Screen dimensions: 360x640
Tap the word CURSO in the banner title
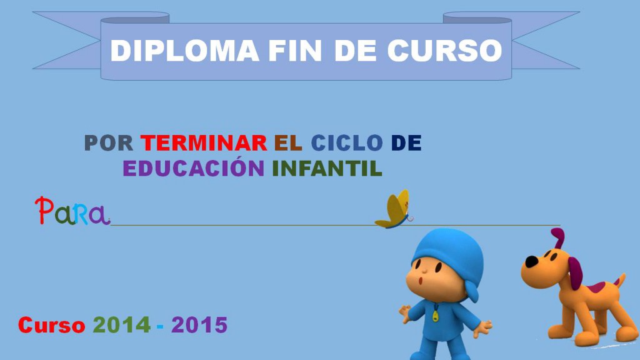tap(444, 51)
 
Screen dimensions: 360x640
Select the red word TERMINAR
tap(204, 143)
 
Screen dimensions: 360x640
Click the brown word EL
tap(288, 143)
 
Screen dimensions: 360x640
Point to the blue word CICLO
tap(347, 143)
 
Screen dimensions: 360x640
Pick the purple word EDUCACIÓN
tap(194, 168)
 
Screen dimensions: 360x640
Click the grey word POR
tap(109, 143)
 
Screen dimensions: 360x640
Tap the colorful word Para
tap(72, 212)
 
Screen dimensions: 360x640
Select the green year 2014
tap(122, 325)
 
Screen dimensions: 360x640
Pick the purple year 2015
tap(199, 325)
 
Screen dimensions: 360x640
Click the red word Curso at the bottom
tap(51, 325)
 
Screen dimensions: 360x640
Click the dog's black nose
tap(530, 262)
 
